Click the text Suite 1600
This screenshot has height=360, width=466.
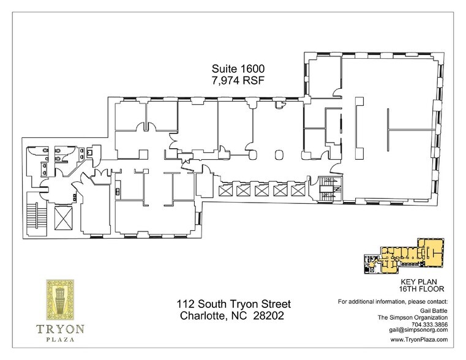235,69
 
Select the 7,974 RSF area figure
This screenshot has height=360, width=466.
235,80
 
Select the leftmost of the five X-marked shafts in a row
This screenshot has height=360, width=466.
224,191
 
